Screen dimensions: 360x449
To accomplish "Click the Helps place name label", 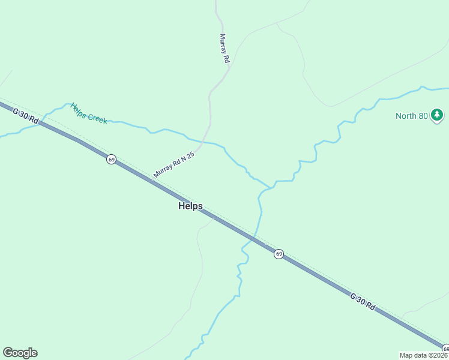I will (x=190, y=206).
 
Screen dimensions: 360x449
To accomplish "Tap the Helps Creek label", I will (x=88, y=113).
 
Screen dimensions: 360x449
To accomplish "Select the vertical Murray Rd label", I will (x=224, y=48).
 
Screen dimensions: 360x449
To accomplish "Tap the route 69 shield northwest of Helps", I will (x=111, y=159).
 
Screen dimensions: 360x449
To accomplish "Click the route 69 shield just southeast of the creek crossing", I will (x=279, y=254).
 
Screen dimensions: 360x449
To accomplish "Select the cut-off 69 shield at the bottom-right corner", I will (x=445, y=349).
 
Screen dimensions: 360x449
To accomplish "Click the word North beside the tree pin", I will (x=406, y=116).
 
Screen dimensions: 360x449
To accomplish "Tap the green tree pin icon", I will (x=438, y=115).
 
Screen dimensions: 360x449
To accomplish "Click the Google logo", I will (x=20, y=353).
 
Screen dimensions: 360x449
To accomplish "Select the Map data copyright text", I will (x=423, y=355).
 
